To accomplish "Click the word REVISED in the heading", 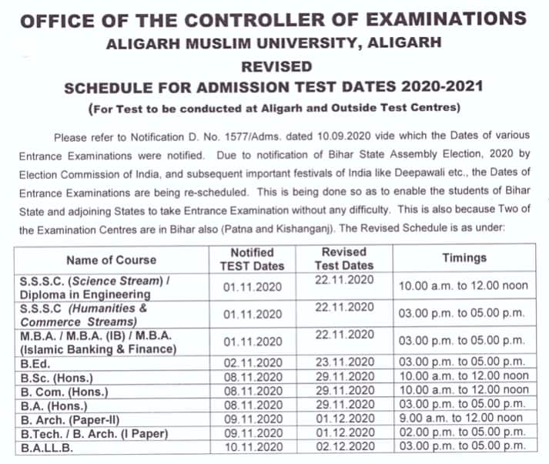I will coord(275,66).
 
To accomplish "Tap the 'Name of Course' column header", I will coord(111,260).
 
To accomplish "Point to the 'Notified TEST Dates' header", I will coord(252,260).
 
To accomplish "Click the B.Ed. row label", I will coord(36,360).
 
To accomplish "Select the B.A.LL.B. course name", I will coord(47,446).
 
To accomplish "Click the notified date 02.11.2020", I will coord(252,360).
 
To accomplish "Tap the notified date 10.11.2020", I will coord(252,446).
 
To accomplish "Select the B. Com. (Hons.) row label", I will coord(64,392).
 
